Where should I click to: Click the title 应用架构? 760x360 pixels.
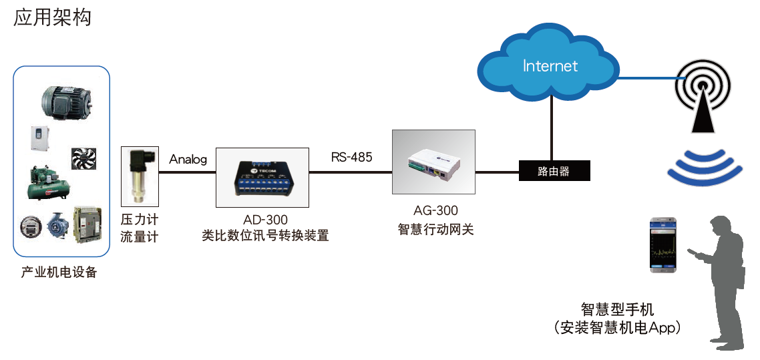[x=52, y=18]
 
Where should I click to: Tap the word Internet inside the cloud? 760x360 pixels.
[x=550, y=65]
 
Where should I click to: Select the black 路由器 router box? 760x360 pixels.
[x=554, y=171]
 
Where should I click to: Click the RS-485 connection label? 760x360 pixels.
[x=351, y=158]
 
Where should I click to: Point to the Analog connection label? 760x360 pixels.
[x=188, y=160]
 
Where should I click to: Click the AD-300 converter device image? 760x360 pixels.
[x=262, y=177]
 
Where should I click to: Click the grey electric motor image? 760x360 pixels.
[x=67, y=100]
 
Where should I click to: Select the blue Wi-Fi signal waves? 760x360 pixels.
[x=705, y=167]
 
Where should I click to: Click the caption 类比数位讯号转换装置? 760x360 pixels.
[x=265, y=236]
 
